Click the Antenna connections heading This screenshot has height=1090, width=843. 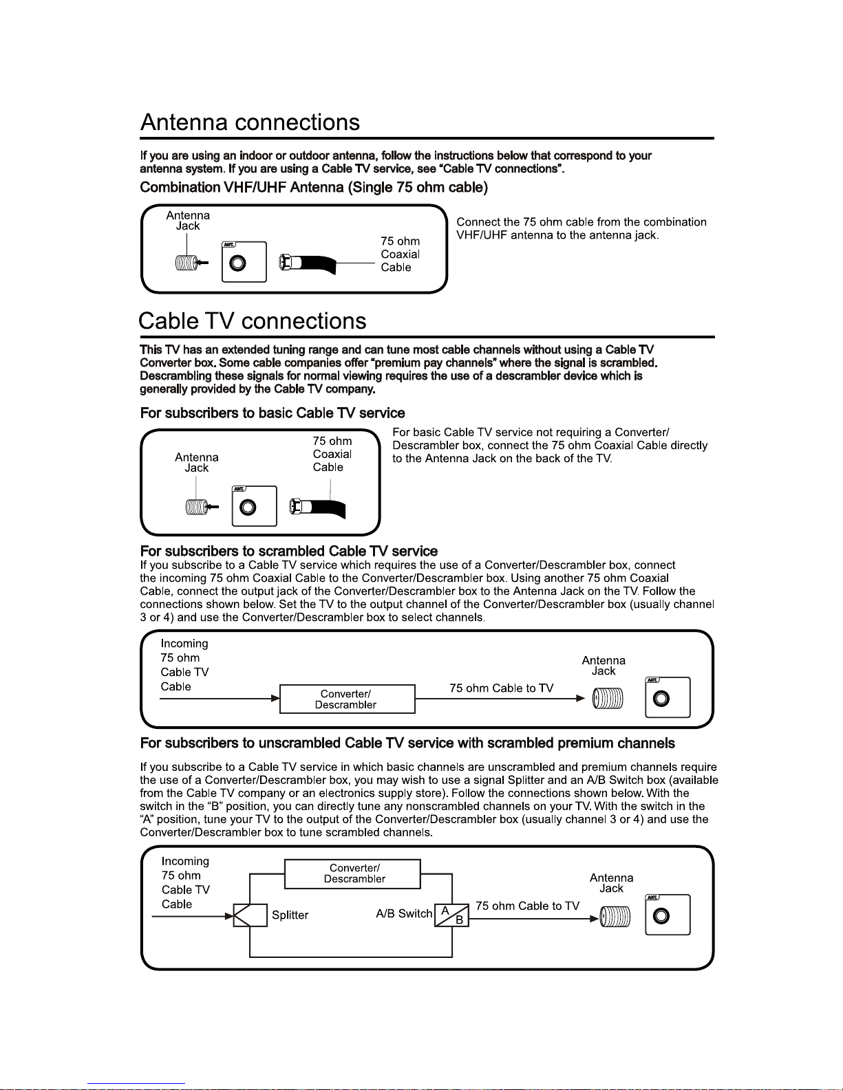[x=250, y=122]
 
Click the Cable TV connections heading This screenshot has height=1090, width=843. [x=252, y=321]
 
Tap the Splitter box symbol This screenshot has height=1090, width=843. [x=250, y=915]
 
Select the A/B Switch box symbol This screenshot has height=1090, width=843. [x=451, y=915]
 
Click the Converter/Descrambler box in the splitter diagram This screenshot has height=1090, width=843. [x=352, y=873]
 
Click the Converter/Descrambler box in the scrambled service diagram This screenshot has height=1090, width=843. [x=347, y=699]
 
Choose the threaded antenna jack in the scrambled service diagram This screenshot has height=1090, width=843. [x=608, y=699]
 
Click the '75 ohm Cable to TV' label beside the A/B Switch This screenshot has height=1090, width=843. [x=527, y=906]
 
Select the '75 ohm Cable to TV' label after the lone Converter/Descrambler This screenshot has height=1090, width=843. [x=501, y=688]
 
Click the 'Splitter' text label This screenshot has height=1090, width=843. [x=290, y=915]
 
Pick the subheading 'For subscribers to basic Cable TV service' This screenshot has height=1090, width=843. [x=273, y=413]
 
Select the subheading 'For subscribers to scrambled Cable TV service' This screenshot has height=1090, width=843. [x=289, y=552]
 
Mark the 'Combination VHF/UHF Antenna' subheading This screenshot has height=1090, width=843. [x=314, y=188]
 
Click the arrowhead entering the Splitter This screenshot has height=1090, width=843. [x=229, y=916]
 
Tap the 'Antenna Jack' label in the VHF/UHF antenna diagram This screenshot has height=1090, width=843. [x=188, y=221]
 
